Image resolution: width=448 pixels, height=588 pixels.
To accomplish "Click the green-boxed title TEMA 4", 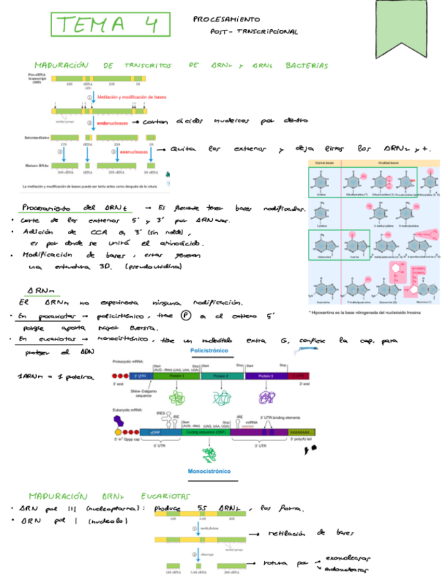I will pyautogui.click(x=110, y=26).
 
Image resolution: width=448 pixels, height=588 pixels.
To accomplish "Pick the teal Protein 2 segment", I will pyautogui.click(x=221, y=375).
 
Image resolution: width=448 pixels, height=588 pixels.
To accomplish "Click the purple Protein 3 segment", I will pyautogui.click(x=267, y=375).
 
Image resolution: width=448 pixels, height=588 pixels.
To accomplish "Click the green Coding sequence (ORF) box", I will pyautogui.click(x=206, y=431).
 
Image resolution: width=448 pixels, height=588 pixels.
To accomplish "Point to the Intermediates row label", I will pyautogui.click(x=37, y=137).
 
